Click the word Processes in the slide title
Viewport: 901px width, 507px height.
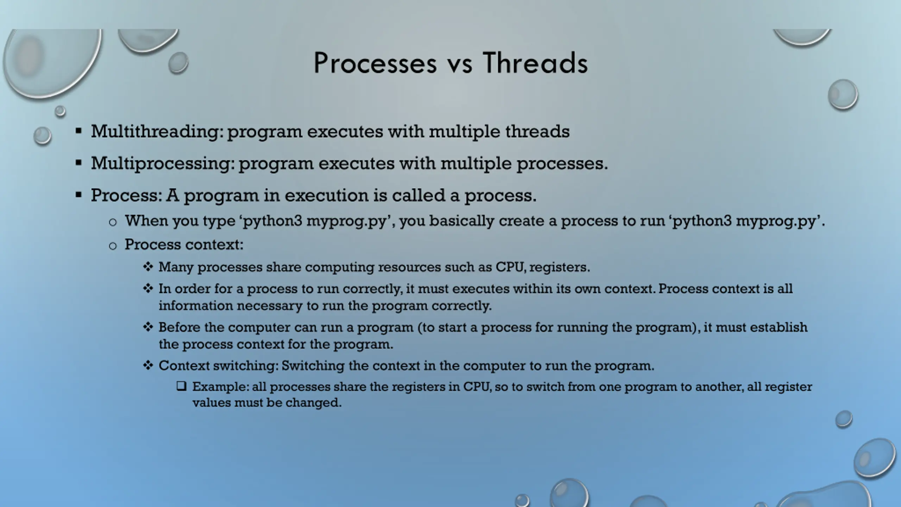click(375, 63)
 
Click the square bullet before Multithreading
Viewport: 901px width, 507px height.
click(78, 131)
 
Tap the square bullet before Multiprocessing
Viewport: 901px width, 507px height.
click(78, 163)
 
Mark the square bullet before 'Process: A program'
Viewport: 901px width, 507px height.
click(78, 195)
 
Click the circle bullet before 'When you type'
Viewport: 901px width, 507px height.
click(113, 222)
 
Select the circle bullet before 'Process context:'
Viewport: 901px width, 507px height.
click(113, 246)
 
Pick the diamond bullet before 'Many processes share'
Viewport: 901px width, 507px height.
click(148, 267)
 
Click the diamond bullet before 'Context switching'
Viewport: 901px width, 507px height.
click(148, 365)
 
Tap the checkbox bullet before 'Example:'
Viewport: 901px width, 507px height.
click(181, 387)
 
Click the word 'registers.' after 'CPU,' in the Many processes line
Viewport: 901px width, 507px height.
click(560, 268)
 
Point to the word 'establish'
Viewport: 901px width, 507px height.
click(779, 327)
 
